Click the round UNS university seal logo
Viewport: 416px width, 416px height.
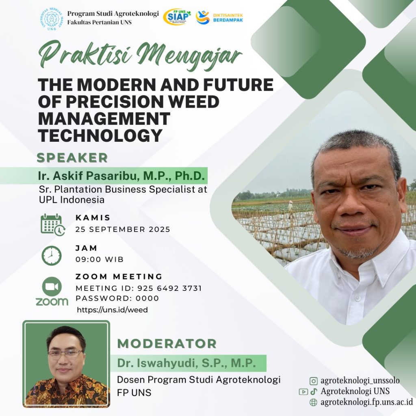tap(52, 19)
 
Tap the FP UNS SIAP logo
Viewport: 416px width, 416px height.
tap(177, 17)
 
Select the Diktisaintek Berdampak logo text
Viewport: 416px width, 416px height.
tap(228, 17)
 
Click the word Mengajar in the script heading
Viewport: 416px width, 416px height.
tap(189, 56)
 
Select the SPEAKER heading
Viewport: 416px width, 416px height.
tap(72, 158)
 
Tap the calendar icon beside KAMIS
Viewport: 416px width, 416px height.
tap(53, 225)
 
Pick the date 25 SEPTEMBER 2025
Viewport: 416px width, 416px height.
tap(123, 229)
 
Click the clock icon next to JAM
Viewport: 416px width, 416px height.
tap(52, 256)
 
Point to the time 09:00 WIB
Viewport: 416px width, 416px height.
tap(100, 259)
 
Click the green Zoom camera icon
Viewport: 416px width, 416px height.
tap(52, 286)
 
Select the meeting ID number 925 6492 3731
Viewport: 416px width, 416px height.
tap(169, 288)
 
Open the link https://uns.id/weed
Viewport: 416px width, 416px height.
tap(112, 310)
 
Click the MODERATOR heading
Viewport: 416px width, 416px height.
tap(167, 344)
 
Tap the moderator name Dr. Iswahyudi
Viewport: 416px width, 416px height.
tap(158, 363)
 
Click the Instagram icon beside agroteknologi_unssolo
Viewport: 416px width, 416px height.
tap(313, 381)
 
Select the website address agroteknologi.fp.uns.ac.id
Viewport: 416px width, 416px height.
tap(367, 402)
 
